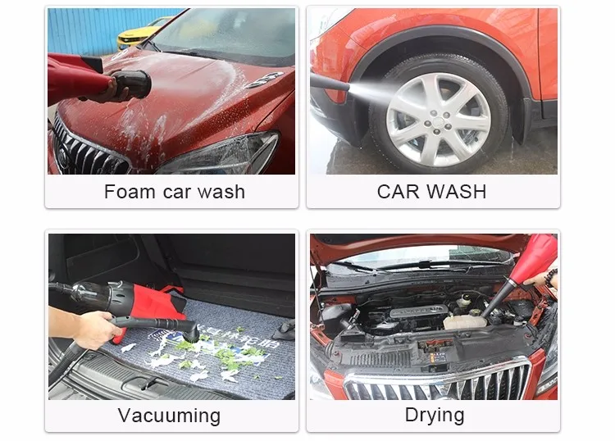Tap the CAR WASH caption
[x=431, y=192]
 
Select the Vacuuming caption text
[x=169, y=416]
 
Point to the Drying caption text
[x=435, y=415]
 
